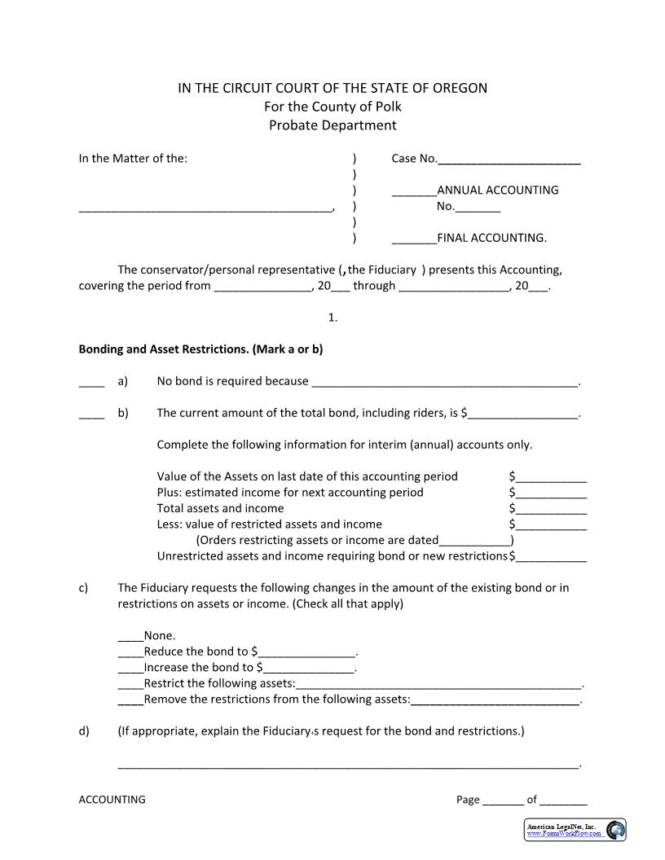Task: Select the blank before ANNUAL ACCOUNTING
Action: (414, 191)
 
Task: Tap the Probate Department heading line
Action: (332, 125)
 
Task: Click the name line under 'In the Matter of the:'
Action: (205, 208)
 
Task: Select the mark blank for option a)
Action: (91, 382)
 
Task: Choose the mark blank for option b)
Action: (91, 414)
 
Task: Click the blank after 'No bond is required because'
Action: (444, 382)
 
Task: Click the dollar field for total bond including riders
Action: (522, 414)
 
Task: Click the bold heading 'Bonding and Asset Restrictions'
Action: (200, 349)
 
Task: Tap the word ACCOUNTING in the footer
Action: (112, 800)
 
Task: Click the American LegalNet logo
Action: (575, 830)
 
